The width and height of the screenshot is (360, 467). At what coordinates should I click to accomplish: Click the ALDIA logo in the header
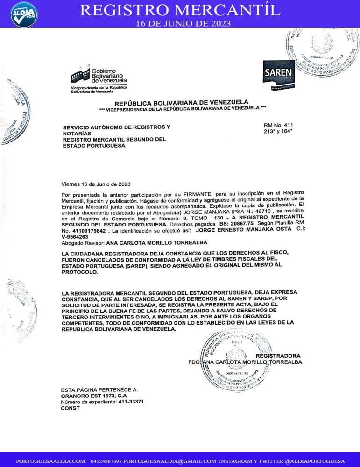(x=23, y=14)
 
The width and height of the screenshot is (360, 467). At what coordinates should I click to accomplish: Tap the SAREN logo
(x=278, y=74)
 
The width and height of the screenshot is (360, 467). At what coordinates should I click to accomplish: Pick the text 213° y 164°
(x=276, y=132)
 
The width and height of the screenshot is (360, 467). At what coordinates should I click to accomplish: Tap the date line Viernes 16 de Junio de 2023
(x=96, y=184)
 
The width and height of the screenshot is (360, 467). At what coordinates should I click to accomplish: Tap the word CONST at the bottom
(x=70, y=408)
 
